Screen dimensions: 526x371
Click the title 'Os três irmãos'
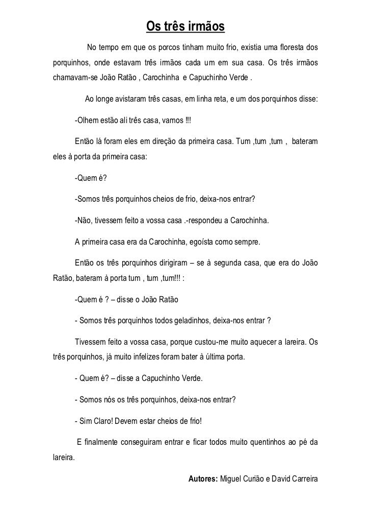coord(185,26)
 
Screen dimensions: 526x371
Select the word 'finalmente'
coord(102,442)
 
